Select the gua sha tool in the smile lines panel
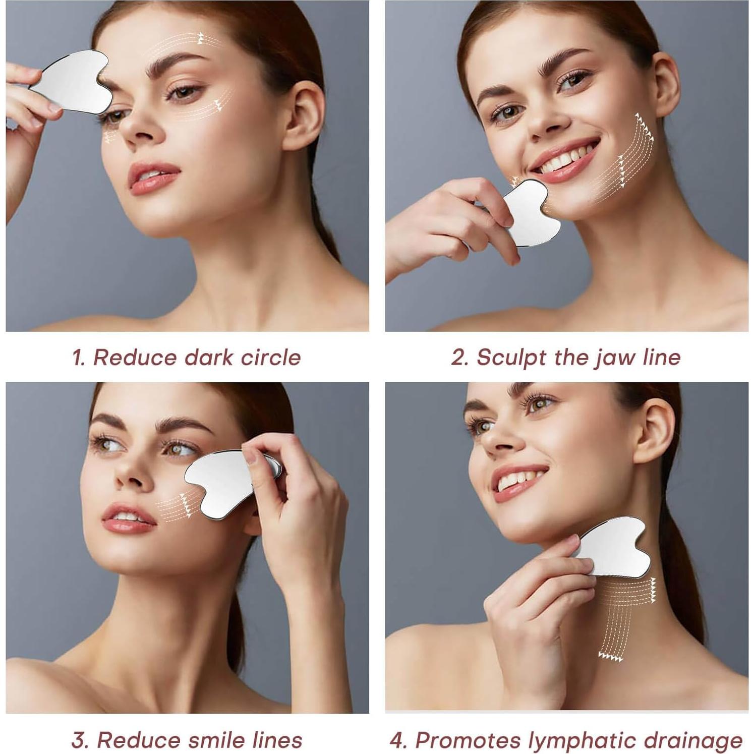click(222, 482)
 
